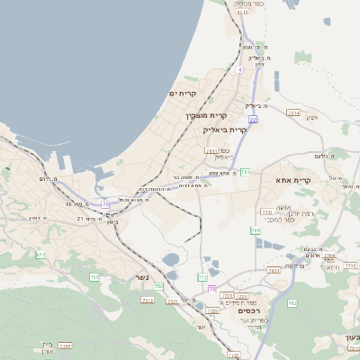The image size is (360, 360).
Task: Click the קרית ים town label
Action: pyautogui.click(x=184, y=94)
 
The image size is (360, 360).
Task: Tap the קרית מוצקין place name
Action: pyautogui.click(x=207, y=115)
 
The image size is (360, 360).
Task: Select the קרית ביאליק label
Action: pyautogui.click(x=226, y=130)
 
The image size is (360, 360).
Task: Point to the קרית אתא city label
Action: pyautogui.click(x=294, y=180)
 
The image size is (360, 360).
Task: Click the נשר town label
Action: pyautogui.click(x=142, y=278)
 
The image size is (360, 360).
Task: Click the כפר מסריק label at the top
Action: pyautogui.click(x=249, y=4)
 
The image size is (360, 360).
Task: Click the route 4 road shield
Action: pyautogui.click(x=240, y=69)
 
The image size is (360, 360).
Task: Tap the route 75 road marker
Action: pyautogui.click(x=105, y=204)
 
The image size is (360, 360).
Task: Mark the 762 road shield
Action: pyautogui.click(x=292, y=302)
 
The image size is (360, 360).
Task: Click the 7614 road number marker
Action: pyautogui.click(x=293, y=112)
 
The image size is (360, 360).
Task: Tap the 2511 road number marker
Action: pyautogui.click(x=211, y=151)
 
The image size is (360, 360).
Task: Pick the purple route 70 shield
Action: pyautogui.click(x=212, y=289)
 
